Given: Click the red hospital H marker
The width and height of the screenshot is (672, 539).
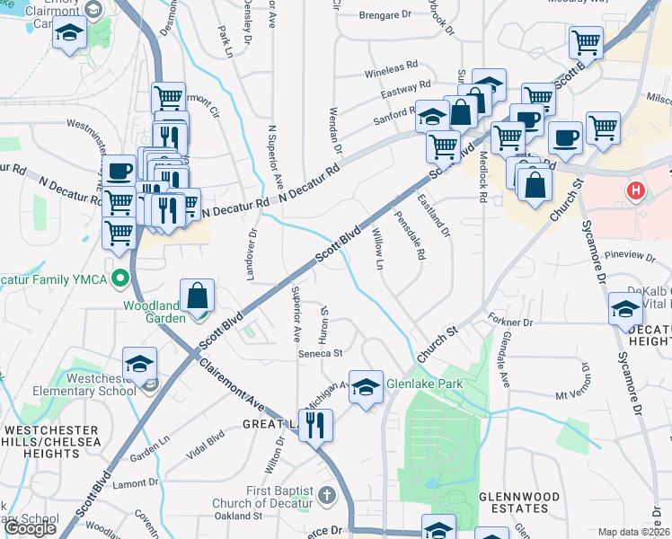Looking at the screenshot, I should [x=637, y=190].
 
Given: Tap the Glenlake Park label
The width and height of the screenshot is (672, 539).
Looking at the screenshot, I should [x=424, y=384].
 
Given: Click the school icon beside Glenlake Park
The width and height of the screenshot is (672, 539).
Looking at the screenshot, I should [x=366, y=388].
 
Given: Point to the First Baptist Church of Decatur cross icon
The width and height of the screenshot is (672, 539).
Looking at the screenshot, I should [x=327, y=495].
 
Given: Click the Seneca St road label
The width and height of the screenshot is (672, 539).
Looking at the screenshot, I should [x=322, y=354].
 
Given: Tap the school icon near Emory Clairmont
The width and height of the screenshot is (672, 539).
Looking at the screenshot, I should [x=69, y=36].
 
